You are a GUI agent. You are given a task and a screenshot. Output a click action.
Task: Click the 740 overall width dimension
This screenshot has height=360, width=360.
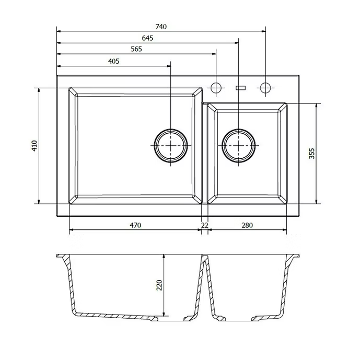coord(161,27)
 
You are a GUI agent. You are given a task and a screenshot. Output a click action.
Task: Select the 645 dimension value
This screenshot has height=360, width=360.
coord(147,38)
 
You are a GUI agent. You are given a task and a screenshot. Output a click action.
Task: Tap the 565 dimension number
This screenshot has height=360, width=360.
coord(136,49)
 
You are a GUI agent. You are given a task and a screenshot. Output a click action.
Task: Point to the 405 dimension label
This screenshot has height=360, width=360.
coord(114,61)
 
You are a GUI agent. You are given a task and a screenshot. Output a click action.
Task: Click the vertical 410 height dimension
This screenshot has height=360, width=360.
coord(34,146)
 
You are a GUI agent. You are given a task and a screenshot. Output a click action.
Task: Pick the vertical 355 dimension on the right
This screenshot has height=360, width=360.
coord(312,154)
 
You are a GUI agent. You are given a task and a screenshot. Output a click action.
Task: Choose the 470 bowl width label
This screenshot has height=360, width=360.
coord(135,225)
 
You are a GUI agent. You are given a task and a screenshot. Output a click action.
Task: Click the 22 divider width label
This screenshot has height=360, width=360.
coord(205,225)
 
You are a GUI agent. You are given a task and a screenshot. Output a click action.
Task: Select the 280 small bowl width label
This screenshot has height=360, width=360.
coord(247,225)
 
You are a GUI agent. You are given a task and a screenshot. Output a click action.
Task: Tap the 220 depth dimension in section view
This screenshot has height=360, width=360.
coord(159,285)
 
